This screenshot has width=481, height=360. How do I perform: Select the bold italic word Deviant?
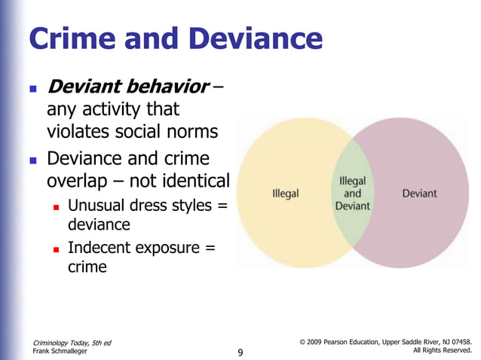(84, 87)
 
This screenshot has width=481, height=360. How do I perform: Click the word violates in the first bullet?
(78, 132)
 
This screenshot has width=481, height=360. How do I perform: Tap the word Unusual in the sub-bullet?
(98, 206)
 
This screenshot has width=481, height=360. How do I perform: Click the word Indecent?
(100, 248)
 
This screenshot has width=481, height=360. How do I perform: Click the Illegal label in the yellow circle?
(285, 194)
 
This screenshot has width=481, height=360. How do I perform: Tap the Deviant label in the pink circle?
(419, 194)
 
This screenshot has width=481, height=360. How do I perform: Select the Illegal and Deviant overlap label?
(353, 194)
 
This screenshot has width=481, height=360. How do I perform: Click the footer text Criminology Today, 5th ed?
(72, 343)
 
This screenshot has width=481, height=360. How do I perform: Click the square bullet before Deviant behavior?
(31, 89)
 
